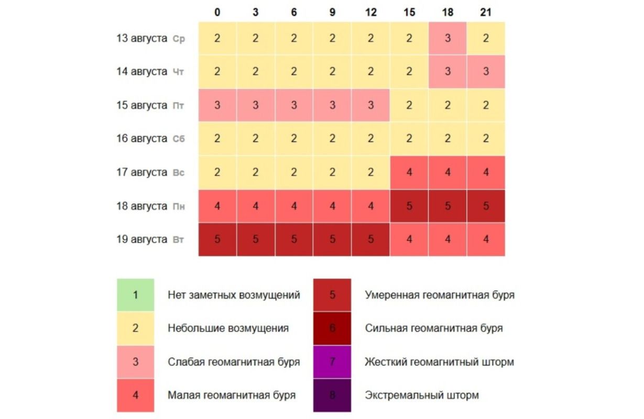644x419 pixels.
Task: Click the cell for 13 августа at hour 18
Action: click(x=447, y=38)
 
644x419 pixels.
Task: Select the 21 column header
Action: click(x=486, y=12)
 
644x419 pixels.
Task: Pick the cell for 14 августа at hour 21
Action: click(x=486, y=72)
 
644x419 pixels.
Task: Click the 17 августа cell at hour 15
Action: click(x=409, y=172)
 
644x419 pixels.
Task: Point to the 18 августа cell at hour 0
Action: click(x=217, y=206)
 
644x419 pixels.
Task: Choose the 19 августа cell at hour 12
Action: click(x=371, y=239)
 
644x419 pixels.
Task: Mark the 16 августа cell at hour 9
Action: click(x=332, y=139)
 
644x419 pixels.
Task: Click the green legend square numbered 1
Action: click(x=136, y=295)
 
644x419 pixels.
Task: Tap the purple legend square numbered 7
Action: click(x=332, y=362)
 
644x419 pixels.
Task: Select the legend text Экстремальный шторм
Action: click(x=421, y=395)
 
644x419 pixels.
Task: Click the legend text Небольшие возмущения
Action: click(x=228, y=328)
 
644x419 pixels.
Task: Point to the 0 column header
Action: click(x=217, y=12)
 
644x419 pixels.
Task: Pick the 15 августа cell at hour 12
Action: click(x=371, y=105)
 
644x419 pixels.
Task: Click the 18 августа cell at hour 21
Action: click(x=486, y=206)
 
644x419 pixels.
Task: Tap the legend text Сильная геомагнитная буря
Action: click(x=433, y=328)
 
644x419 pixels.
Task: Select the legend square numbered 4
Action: click(x=136, y=395)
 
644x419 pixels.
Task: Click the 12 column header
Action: click(x=371, y=12)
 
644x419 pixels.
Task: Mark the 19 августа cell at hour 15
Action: click(x=409, y=239)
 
